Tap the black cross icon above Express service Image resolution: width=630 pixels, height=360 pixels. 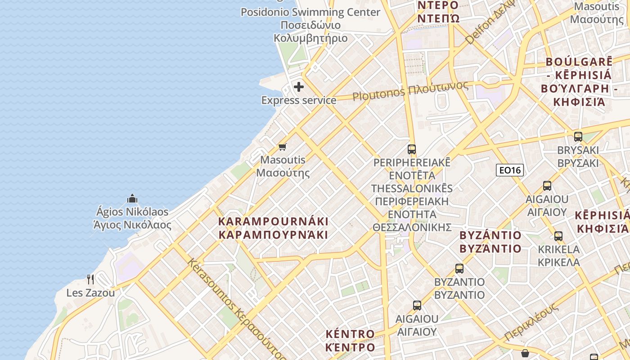pos(299,87)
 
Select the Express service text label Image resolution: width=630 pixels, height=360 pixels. pos(299,100)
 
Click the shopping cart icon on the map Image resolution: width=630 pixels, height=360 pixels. pos(283,147)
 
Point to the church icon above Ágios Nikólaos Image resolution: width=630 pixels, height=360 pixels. pos(132,198)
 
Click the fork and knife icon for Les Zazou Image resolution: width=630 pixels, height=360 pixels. pos(90,279)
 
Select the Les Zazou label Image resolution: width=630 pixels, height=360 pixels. pos(90,293)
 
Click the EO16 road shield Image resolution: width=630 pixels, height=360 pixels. pos(509,170)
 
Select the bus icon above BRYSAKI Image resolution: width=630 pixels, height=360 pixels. pos(578,136)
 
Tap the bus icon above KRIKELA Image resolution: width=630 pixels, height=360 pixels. pos(558,236)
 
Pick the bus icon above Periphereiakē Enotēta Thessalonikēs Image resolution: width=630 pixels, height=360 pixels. pos(411,149)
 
